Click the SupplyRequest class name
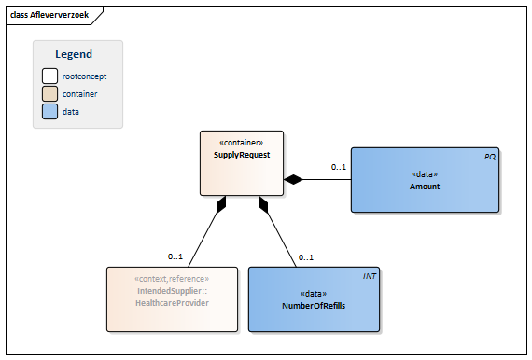pos(241,155)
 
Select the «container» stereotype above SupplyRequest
pos(241,143)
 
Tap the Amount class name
pos(424,187)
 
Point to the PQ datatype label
pos(489,157)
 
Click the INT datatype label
pos(369,277)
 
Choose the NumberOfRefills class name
pos(314,305)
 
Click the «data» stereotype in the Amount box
pos(424,174)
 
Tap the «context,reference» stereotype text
pos(172,279)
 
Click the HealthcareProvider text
pos(172,303)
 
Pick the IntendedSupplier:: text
pos(172,291)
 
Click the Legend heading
pos(74,55)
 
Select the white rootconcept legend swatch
pos(49,76)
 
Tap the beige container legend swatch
pos(49,94)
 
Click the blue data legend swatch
pos(49,112)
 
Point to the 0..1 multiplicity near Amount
pos(338,168)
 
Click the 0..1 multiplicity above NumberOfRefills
pos(305,257)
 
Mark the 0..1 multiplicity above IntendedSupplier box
pos(175,257)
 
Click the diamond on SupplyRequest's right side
pos(294,179)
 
